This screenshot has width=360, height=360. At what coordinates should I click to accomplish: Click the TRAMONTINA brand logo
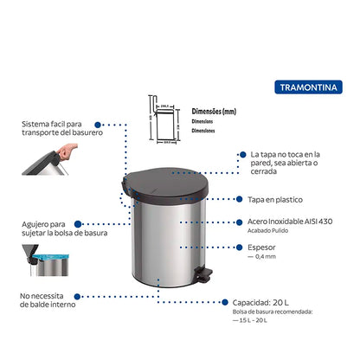click(310, 87)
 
